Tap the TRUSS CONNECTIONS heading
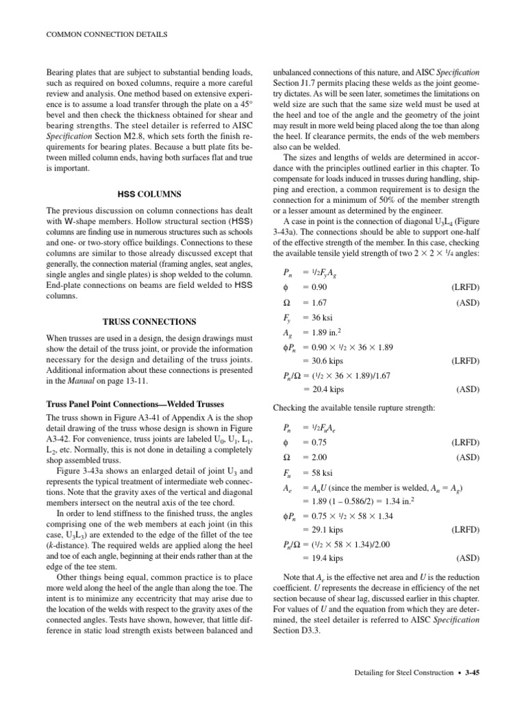(149, 321)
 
